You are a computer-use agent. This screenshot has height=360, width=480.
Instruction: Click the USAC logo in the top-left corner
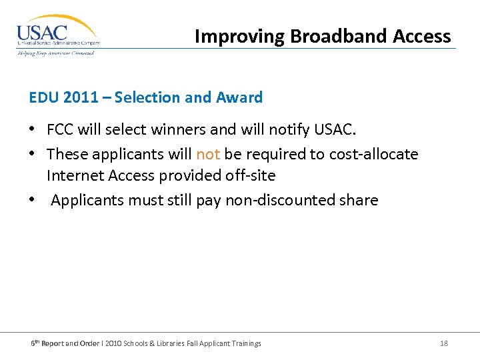pyautogui.click(x=57, y=35)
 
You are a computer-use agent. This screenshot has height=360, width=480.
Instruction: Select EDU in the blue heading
pyautogui.click(x=44, y=97)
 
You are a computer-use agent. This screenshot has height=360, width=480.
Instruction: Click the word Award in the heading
pyautogui.click(x=239, y=97)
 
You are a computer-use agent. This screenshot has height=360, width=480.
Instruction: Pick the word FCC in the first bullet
pyautogui.click(x=60, y=129)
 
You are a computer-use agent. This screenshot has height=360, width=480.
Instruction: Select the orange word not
pyautogui.click(x=208, y=154)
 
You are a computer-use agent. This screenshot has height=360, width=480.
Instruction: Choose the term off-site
pyautogui.click(x=251, y=175)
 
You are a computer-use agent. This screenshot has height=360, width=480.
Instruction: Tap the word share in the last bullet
pyautogui.click(x=359, y=200)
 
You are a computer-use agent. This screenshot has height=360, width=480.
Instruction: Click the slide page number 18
pyautogui.click(x=444, y=343)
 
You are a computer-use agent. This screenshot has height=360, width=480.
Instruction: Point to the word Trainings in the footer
pyautogui.click(x=243, y=343)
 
